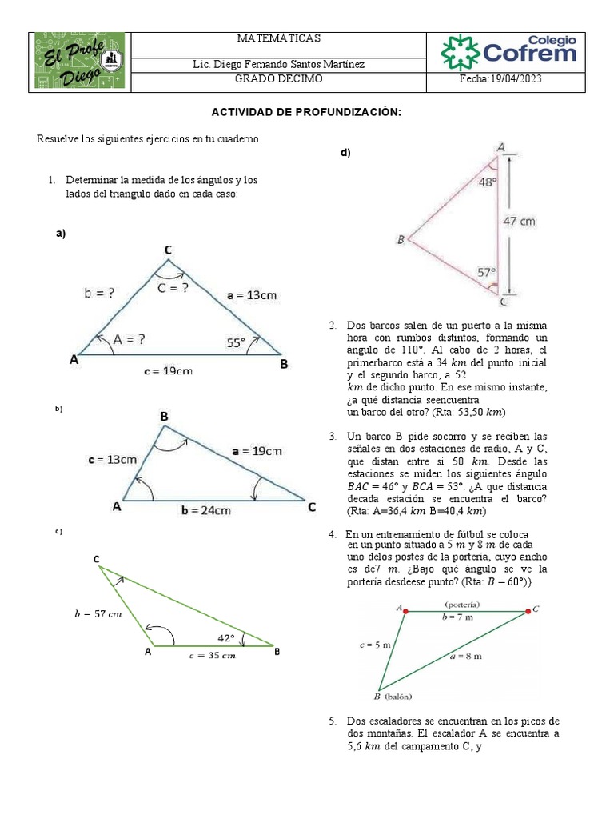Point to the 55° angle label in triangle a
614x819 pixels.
click(x=235, y=343)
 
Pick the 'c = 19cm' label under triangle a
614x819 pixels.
click(x=168, y=370)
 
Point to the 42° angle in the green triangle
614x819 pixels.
click(x=227, y=637)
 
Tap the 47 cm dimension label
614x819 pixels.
click(x=519, y=220)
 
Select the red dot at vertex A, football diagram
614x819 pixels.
click(x=406, y=611)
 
